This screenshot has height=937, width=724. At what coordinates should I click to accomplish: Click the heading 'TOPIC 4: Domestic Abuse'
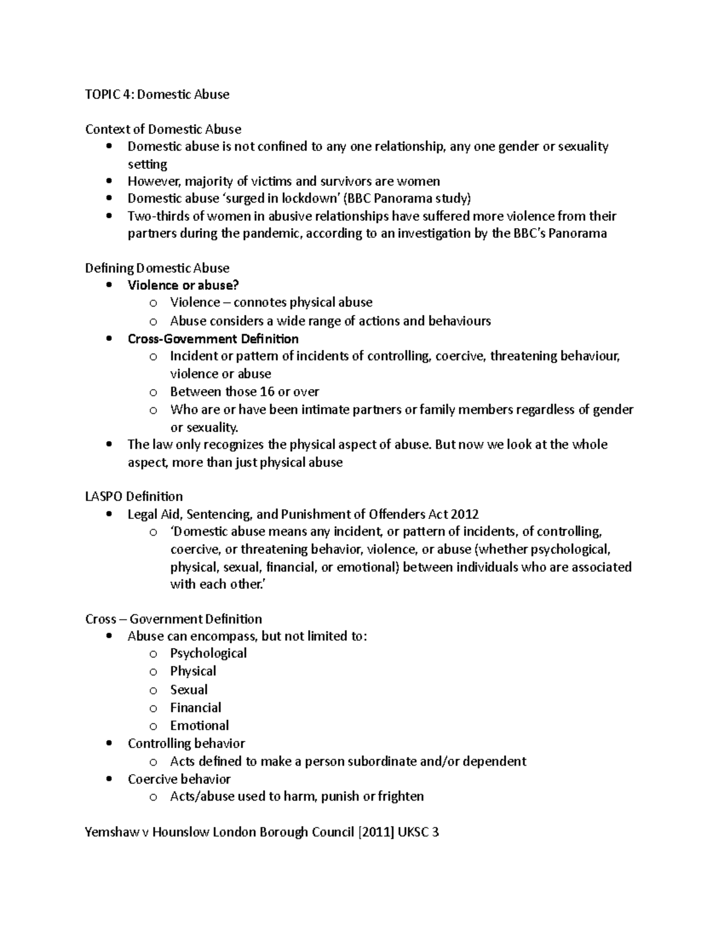coord(157,94)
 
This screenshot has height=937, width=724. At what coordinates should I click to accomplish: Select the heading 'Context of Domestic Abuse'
coord(163,129)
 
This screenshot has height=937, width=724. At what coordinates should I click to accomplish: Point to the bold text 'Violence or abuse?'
coord(183,285)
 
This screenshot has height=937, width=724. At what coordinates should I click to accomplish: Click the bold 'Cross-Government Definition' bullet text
coord(213,338)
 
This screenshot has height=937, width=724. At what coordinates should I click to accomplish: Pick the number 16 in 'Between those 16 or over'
coord(267,392)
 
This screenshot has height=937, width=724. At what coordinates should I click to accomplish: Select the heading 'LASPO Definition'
coord(134,497)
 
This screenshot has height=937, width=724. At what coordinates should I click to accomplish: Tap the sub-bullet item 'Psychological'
coord(208,653)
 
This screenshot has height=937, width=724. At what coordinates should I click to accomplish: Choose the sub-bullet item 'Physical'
coord(193,671)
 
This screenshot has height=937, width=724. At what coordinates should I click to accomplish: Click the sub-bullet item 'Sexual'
coord(189,690)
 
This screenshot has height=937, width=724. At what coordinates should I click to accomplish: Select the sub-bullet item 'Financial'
coord(195,707)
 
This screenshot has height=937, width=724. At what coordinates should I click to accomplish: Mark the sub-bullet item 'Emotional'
coord(199,725)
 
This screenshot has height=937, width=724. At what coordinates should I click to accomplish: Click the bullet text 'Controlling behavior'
coord(186,743)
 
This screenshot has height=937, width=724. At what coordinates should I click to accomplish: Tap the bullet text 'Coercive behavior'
coord(179,779)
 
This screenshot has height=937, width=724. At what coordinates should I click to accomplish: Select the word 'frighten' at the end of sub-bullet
coord(401,796)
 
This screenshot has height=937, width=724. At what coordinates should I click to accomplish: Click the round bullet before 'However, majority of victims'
coord(109,181)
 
